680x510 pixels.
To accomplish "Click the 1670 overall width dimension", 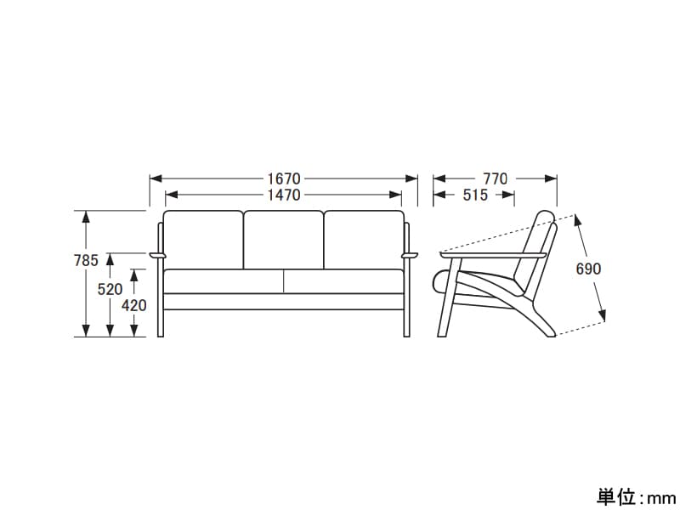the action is (284, 178).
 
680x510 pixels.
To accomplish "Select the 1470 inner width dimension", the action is (284, 195).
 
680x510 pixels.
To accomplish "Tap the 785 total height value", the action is (87, 260).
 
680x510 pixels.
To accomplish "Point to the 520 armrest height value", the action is (110, 289).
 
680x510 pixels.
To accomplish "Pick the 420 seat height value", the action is (134, 305).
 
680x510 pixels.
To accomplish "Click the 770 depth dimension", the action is (496, 178).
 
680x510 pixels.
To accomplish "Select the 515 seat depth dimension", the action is (475, 195).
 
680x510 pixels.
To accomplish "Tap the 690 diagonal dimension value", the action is (588, 269).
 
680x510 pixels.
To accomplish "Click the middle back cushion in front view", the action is (284, 240).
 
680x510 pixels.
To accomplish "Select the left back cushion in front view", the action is (203, 240).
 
